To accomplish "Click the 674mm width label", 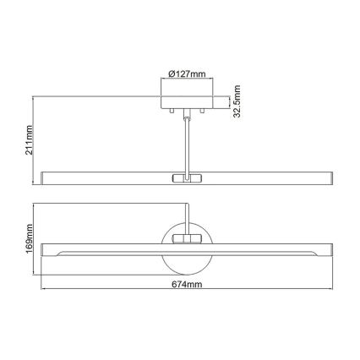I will pyautogui.click(x=183, y=285).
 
